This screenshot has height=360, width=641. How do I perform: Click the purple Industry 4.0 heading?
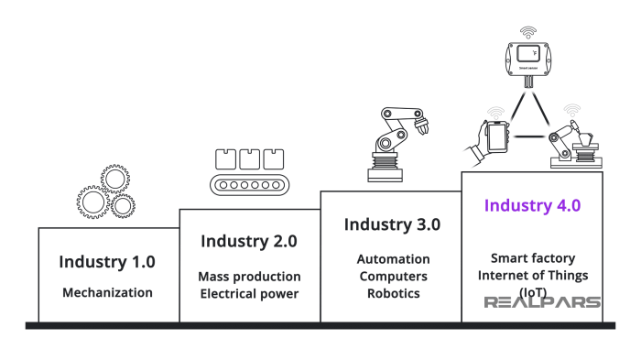tap(532, 205)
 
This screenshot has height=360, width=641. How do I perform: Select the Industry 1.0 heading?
tap(107, 261)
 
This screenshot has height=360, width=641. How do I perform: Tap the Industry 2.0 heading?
tap(248, 242)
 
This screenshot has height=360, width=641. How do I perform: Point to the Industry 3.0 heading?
tap(391, 224)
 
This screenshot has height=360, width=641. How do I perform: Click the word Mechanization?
tap(107, 293)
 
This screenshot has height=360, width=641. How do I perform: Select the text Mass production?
tap(248, 276)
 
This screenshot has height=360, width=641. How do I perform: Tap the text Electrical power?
tap(248, 293)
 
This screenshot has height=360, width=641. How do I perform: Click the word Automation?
tap(391, 258)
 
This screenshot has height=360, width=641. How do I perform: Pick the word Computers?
tap(391, 276)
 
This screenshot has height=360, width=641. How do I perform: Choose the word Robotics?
tap(391, 293)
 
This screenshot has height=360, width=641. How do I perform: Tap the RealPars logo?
tap(542, 302)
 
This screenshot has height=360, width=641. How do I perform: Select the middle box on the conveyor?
tap(249, 158)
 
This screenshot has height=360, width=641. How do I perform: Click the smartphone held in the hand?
tap(496, 137)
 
